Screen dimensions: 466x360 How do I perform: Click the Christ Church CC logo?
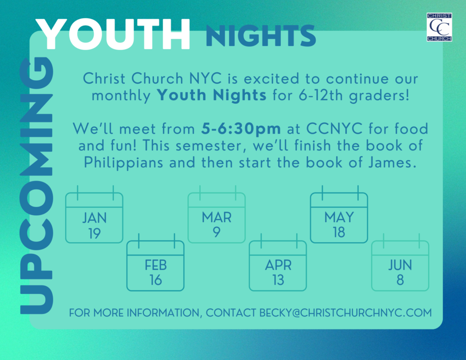[439, 27]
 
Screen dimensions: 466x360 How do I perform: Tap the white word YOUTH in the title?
[113, 34]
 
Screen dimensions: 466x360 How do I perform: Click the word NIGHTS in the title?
[261, 36]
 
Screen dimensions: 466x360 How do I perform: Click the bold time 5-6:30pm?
[241, 129]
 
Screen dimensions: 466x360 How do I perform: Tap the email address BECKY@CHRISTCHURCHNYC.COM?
[345, 313]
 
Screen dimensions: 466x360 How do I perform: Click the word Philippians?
[124, 163]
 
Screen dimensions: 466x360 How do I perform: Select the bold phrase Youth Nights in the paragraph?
[212, 96]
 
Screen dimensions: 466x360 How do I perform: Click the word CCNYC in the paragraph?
[334, 129]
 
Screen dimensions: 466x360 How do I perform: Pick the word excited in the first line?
[271, 79]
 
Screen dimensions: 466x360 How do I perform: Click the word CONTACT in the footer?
[231, 313]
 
